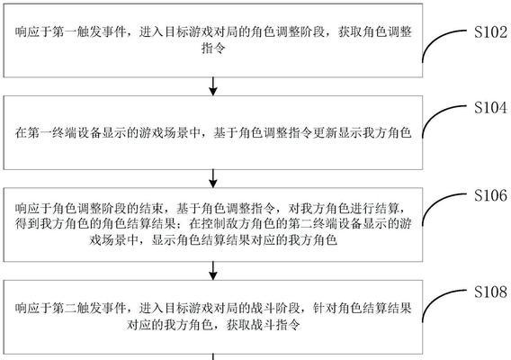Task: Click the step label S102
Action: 490,32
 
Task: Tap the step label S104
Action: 490,107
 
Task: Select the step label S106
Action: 490,195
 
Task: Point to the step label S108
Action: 490,292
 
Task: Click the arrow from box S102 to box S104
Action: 213,86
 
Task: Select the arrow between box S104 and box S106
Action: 213,178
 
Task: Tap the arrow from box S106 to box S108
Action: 213,271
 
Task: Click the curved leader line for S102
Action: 435,38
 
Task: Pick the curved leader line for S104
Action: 435,113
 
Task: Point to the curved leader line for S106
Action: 435,202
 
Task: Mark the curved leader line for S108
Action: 435,299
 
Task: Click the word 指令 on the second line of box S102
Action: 213,49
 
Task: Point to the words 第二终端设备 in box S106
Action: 325,224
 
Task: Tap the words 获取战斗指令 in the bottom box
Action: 263,325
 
